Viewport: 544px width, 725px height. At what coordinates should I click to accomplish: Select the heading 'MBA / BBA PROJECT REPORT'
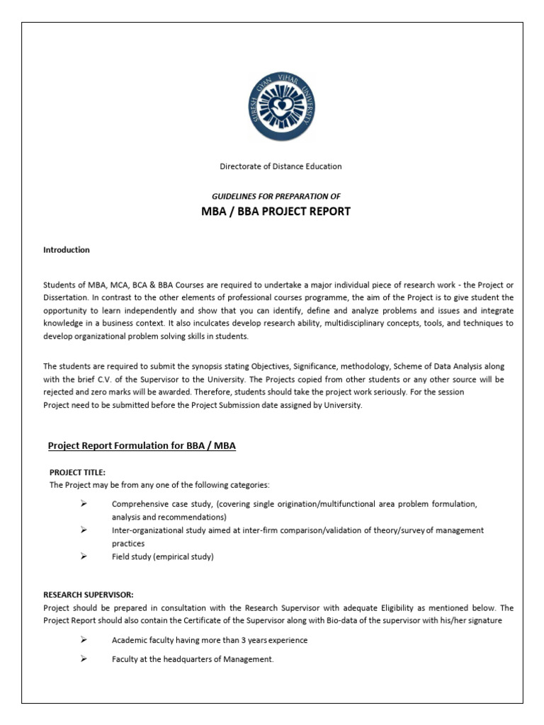[276, 212]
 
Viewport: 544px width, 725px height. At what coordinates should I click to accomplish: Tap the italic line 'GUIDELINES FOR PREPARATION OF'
[276, 195]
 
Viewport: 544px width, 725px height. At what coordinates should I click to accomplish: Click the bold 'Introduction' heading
[67, 250]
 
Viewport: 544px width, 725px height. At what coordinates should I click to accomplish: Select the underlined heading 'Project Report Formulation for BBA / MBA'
[142, 445]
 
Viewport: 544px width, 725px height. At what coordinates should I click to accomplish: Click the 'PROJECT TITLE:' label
[77, 472]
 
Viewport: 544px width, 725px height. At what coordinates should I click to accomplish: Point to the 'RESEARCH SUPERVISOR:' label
[89, 594]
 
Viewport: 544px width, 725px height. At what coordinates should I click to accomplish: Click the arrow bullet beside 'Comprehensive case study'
[83, 503]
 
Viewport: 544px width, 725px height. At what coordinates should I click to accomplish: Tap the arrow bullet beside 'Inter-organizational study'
[83, 530]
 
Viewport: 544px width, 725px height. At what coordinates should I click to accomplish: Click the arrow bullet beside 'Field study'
[83, 556]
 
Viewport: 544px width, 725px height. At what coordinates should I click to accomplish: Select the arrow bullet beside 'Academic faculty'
[83, 639]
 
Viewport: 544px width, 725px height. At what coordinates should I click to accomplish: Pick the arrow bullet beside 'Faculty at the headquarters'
[83, 658]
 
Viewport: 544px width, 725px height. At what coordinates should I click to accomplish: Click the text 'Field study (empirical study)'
[162, 556]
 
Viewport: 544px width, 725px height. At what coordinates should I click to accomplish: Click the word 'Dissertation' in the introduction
[65, 298]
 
